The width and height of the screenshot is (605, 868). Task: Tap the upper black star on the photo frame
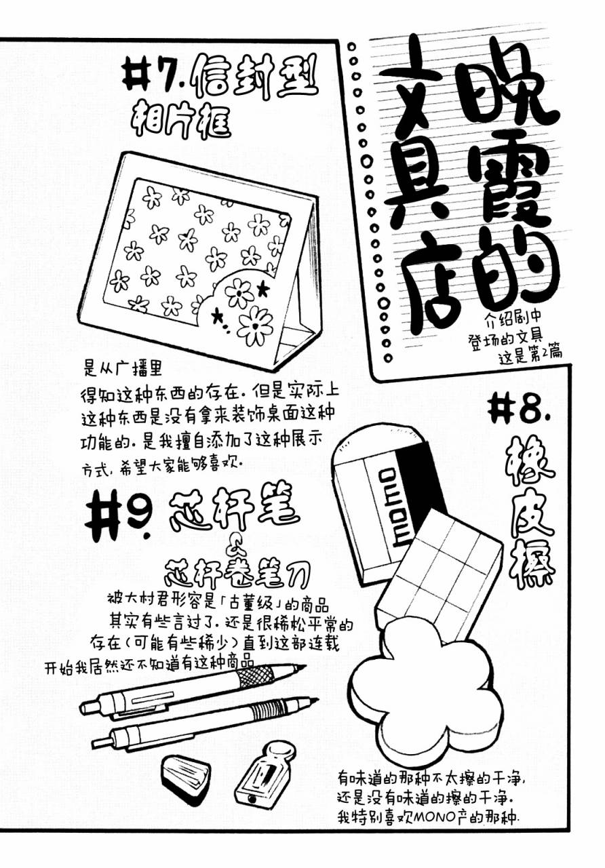point(264,288)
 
